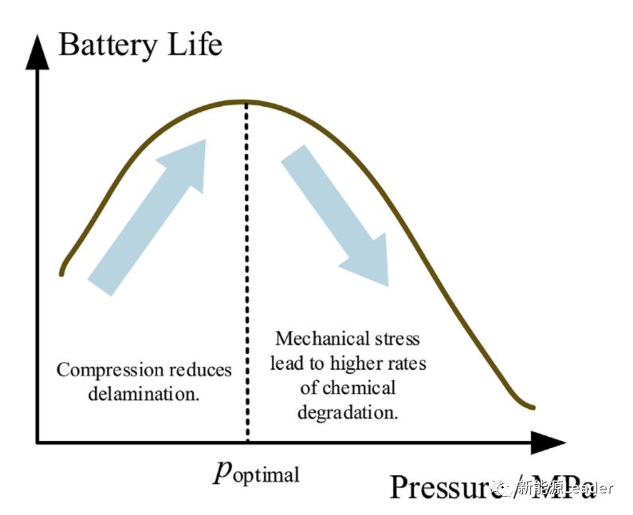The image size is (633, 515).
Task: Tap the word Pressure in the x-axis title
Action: (x=443, y=486)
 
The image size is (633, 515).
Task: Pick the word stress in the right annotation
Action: (x=396, y=340)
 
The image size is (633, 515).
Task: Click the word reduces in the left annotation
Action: (x=199, y=371)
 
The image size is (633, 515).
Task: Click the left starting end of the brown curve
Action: (x=61, y=273)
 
